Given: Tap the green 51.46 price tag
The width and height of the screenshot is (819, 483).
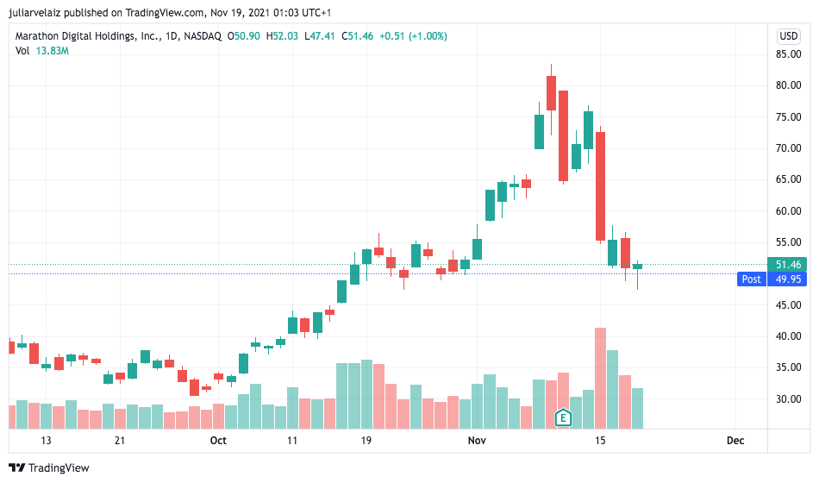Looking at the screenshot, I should [x=789, y=265].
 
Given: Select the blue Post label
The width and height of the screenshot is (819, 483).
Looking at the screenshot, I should [x=751, y=279].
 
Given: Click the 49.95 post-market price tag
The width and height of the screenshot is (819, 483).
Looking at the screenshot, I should [x=789, y=279].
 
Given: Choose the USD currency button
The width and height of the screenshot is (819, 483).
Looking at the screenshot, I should [x=789, y=36].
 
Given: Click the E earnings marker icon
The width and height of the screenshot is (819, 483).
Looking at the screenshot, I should [x=563, y=418].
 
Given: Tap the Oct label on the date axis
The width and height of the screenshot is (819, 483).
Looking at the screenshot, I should [x=218, y=441].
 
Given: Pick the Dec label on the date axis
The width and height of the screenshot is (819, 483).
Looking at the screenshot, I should [x=735, y=441].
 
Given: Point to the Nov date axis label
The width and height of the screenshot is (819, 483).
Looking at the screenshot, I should [x=477, y=441].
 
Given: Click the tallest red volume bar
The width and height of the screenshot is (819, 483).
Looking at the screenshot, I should [x=600, y=378].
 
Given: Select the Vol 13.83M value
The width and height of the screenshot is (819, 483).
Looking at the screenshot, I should [x=52, y=51].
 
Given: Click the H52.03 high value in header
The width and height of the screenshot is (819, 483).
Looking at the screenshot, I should [x=284, y=36].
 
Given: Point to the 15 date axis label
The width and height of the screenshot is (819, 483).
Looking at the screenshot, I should [x=600, y=441].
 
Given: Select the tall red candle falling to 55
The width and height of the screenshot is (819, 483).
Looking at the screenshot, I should [x=600, y=185].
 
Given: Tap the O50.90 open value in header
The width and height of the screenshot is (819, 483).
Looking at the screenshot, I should [x=246, y=36].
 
